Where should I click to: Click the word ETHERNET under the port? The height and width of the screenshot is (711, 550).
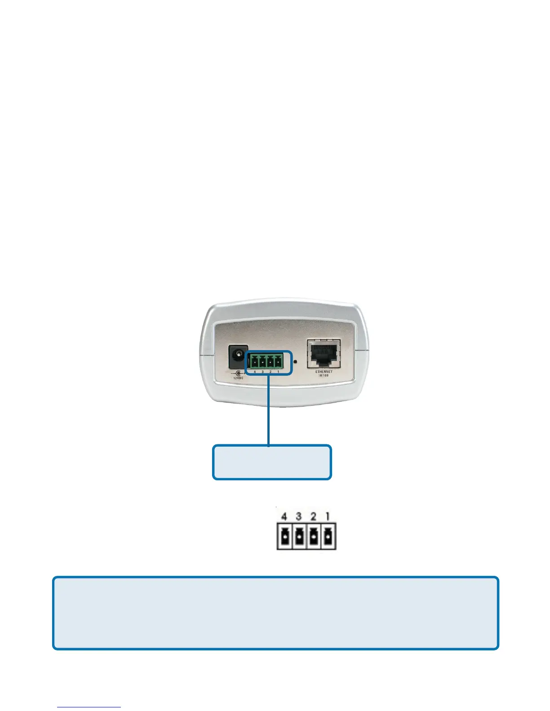[324, 372]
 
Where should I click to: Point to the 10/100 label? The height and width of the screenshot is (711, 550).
[324, 375]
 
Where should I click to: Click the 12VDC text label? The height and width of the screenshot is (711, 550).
[238, 378]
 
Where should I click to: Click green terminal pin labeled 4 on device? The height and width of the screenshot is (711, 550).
[255, 360]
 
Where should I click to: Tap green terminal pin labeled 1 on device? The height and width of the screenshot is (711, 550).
[278, 360]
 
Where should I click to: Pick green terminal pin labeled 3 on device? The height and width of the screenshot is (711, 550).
[262, 360]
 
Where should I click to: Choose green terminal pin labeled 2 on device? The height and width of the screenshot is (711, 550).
[271, 360]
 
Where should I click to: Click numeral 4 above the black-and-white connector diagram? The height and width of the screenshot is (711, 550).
[284, 517]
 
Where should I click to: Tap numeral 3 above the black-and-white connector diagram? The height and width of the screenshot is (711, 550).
[299, 517]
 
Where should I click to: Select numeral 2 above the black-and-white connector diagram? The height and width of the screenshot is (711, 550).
[314, 517]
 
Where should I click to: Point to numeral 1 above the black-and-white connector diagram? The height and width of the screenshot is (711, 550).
[328, 517]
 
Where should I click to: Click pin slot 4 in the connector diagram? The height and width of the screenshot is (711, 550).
[284, 536]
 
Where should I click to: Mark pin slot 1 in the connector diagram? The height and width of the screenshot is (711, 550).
[328, 536]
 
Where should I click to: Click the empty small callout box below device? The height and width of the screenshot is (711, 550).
[272, 462]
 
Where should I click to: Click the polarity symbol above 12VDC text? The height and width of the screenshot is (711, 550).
[238, 373]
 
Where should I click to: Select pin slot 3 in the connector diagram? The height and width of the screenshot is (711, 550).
[299, 536]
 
